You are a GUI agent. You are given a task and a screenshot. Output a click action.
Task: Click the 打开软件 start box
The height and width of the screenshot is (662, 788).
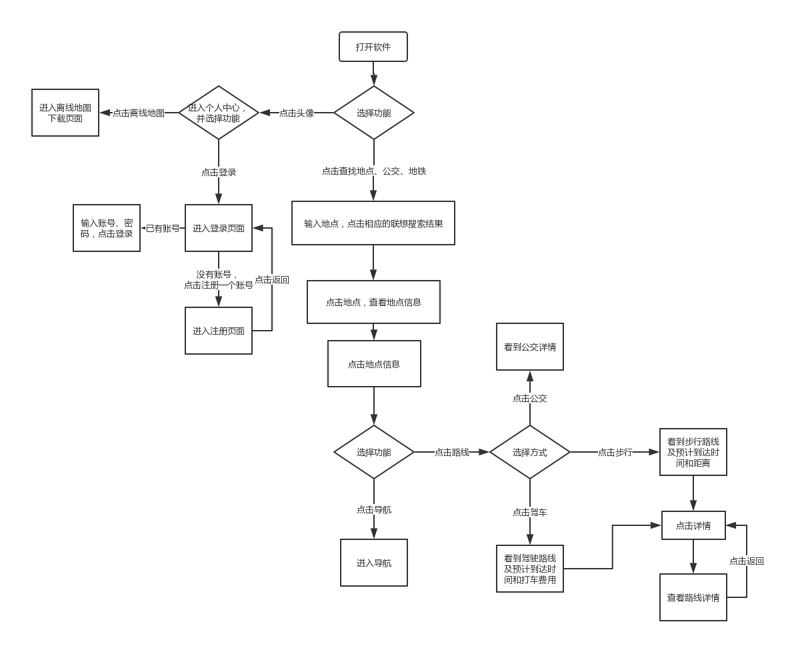pyautogui.click(x=373, y=47)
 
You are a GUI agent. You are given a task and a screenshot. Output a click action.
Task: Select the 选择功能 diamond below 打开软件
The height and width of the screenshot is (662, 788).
pyautogui.click(x=373, y=113)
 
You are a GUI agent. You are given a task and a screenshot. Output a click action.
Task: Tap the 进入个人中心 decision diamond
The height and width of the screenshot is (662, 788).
pyautogui.click(x=218, y=113)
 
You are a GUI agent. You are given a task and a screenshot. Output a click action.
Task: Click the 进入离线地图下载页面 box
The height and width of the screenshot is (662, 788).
pyautogui.click(x=65, y=113)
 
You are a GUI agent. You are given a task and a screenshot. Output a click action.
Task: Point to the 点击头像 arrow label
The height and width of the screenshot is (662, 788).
pyautogui.click(x=296, y=113)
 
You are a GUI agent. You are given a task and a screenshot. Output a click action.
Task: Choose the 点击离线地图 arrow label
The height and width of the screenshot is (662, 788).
pyautogui.click(x=139, y=113)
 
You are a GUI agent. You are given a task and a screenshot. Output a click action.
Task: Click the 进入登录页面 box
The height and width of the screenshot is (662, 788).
pyautogui.click(x=219, y=228)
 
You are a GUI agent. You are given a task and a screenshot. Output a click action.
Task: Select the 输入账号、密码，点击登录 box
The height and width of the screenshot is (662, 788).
pyautogui.click(x=107, y=228)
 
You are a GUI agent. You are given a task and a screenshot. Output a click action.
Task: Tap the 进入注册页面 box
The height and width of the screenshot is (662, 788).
pyautogui.click(x=219, y=331)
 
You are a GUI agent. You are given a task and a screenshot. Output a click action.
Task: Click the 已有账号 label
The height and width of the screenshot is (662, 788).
pyautogui.click(x=163, y=228)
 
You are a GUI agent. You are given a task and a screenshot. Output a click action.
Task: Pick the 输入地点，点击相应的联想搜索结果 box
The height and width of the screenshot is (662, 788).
pyautogui.click(x=373, y=223)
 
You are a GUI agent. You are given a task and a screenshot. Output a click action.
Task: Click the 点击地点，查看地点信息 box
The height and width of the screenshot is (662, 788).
pyautogui.click(x=373, y=302)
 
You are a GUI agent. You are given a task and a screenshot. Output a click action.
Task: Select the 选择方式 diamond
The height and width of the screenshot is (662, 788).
pyautogui.click(x=530, y=452)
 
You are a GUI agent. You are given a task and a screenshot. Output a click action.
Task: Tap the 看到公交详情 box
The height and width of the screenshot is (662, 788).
pyautogui.click(x=530, y=347)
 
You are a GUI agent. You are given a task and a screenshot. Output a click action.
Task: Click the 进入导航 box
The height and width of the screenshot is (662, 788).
pyautogui.click(x=374, y=563)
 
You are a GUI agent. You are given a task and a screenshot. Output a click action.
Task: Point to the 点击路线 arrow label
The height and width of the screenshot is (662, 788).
pyautogui.click(x=452, y=452)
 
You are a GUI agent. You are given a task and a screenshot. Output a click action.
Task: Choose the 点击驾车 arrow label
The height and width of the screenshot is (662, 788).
pyautogui.click(x=530, y=512)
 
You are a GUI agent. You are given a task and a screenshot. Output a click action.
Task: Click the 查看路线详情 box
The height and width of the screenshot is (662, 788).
pyautogui.click(x=693, y=597)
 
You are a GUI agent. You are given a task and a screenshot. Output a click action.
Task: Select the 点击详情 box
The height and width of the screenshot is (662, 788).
pyautogui.click(x=693, y=525)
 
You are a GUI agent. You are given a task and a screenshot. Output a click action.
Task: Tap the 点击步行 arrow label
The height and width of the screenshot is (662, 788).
pyautogui.click(x=615, y=452)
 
